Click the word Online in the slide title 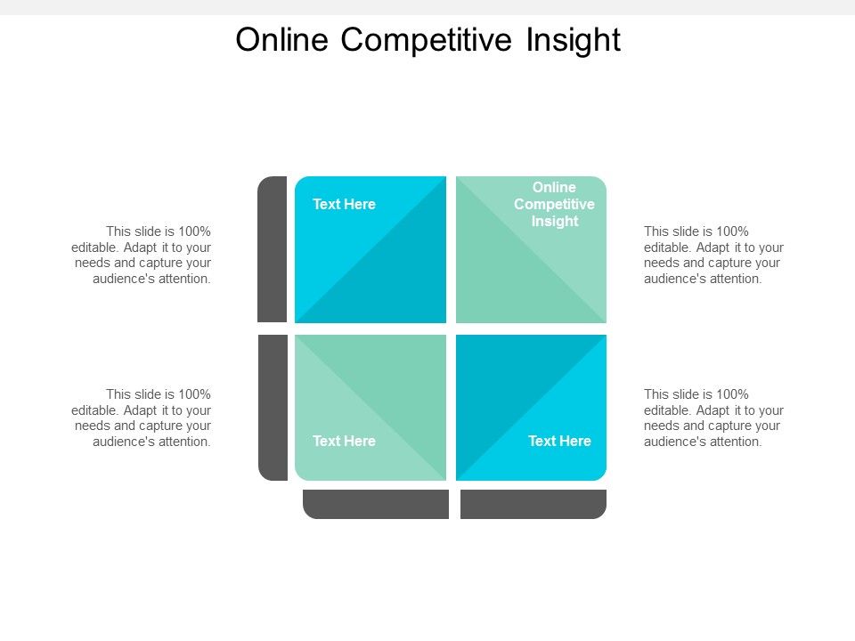point(283,40)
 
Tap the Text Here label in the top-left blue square point(344,205)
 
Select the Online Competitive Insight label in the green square point(554,205)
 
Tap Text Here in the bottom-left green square point(344,442)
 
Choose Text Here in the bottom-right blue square point(559,442)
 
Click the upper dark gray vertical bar point(273,249)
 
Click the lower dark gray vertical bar point(273,408)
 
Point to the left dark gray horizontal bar point(376,504)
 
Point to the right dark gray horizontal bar point(533,504)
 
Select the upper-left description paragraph point(142,255)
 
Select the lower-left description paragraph point(142,418)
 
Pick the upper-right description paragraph point(713,255)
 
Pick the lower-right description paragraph point(713,418)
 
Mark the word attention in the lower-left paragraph point(184,442)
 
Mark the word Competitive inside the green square point(554,205)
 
